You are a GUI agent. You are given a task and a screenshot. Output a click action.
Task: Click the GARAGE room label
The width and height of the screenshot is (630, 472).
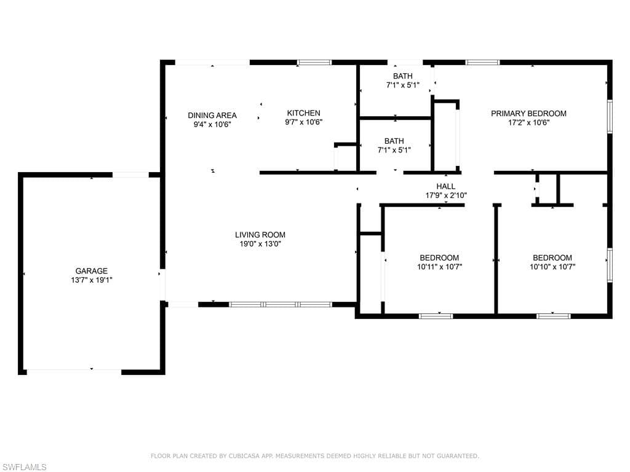tap(92, 271)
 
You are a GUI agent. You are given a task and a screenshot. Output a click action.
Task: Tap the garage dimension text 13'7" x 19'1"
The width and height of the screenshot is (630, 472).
tap(92, 280)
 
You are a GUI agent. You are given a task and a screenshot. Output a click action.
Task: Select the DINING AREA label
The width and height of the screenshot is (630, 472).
tap(212, 115)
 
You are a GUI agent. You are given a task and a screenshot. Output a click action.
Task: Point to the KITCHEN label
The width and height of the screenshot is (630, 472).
tap(304, 113)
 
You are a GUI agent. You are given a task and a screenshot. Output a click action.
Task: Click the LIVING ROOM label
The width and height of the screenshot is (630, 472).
tap(260, 235)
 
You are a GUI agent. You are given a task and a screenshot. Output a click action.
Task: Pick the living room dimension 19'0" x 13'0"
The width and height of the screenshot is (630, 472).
tap(260, 244)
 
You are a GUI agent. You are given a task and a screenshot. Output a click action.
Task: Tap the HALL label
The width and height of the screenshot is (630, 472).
tap(446, 186)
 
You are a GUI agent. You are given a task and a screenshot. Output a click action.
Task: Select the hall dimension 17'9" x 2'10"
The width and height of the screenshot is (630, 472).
tap(446, 195)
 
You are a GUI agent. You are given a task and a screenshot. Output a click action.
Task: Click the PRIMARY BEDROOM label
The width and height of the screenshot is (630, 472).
tap(528, 114)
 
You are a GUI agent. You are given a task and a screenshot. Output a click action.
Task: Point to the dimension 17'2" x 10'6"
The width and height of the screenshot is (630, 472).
tap(528, 123)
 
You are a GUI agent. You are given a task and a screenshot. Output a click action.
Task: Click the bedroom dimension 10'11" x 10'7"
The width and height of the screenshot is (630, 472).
tap(439, 267)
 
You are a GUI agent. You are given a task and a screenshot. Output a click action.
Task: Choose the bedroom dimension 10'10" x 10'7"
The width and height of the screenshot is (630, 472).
tap(552, 267)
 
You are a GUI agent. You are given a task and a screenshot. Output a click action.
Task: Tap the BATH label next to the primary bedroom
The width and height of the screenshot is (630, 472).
tap(402, 76)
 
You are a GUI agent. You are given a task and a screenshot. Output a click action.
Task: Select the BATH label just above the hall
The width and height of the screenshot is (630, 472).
tap(394, 141)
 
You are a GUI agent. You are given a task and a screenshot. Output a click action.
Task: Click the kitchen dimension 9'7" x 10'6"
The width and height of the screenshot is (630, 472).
tap(304, 122)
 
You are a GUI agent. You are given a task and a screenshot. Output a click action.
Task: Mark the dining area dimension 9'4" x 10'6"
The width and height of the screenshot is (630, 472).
tap(212, 124)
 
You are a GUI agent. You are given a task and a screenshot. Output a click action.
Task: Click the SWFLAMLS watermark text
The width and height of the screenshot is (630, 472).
tap(24, 467)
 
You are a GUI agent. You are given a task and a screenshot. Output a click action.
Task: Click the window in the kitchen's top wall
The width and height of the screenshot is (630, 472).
tap(314, 62)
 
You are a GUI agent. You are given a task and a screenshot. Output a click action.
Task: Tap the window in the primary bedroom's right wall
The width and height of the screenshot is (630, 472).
tap(610, 116)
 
